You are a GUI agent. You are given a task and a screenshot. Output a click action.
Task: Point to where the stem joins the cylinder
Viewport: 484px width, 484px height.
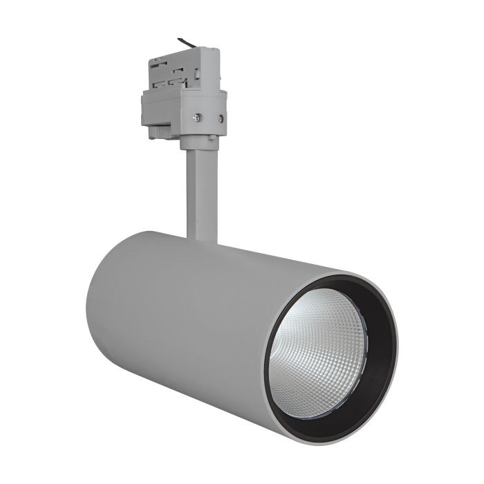coord(203,239)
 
